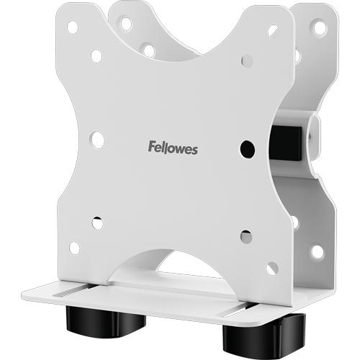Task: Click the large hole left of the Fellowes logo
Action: (98, 140)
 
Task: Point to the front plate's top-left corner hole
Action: (73, 27)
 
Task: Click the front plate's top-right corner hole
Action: (273, 31)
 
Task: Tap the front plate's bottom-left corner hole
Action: (75, 248)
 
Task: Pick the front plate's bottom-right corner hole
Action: (271, 269)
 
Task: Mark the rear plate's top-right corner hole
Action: (318, 27)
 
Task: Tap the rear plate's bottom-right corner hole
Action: (317, 251)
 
